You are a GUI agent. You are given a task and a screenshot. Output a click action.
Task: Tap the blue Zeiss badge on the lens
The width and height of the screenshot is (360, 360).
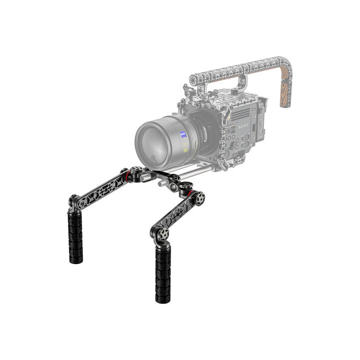point(182,134)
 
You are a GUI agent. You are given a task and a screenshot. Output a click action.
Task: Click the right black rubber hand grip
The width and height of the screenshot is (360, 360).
point(162,273)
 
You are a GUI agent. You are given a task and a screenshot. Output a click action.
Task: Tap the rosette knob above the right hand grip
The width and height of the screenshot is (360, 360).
point(161,234)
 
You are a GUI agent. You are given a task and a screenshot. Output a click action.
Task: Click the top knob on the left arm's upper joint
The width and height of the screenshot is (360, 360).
point(136,169)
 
